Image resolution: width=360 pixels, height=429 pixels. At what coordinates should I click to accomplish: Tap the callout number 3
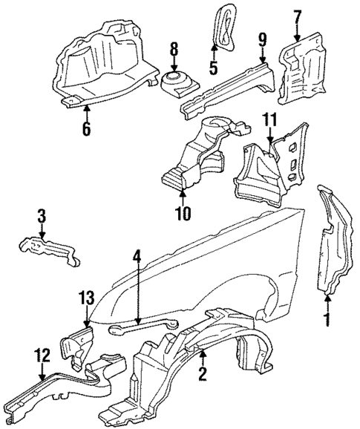pyautogui.click(x=42, y=217)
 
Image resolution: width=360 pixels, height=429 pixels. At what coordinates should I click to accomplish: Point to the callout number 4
pyautogui.click(x=137, y=259)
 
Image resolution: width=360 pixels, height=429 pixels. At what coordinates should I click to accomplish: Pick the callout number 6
pyautogui.click(x=87, y=127)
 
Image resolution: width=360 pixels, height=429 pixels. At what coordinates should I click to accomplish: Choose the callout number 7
pyautogui.click(x=297, y=15)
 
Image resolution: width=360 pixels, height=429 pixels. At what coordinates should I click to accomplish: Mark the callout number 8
pyautogui.click(x=174, y=51)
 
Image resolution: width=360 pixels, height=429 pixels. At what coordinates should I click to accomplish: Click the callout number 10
pyautogui.click(x=183, y=214)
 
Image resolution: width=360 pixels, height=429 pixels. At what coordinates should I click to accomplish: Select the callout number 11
pyautogui.click(x=270, y=118)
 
